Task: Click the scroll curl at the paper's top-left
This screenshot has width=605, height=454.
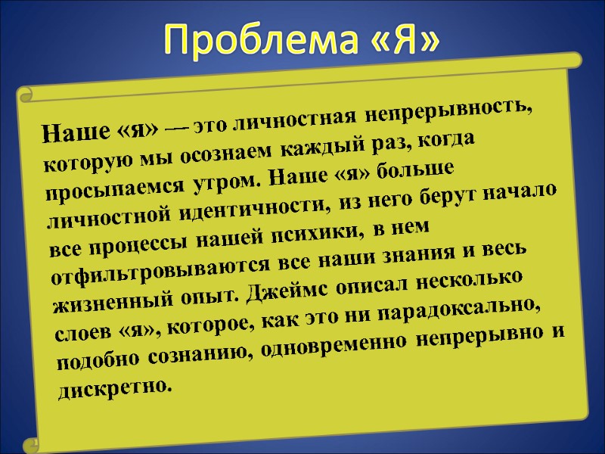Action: (27, 94)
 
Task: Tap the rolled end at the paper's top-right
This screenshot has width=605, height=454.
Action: (576, 58)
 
